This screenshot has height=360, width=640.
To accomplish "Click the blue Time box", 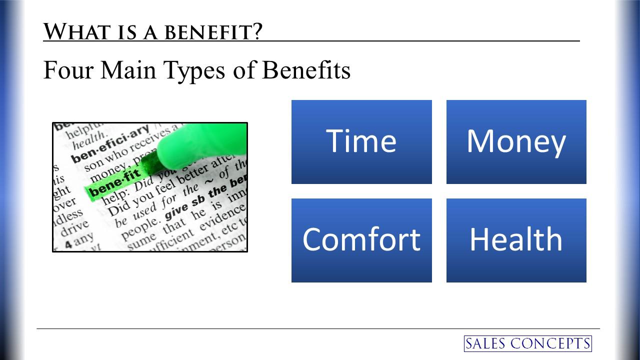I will [x=361, y=141].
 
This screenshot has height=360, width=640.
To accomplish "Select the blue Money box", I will [x=516, y=141].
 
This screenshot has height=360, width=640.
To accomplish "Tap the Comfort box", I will [x=361, y=240].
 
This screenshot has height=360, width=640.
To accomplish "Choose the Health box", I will [x=516, y=240].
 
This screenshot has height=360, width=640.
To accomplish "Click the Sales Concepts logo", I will [x=527, y=343].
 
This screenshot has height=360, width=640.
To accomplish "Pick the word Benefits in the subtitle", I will [x=306, y=70].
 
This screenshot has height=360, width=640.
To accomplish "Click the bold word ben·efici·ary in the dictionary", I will [x=109, y=145].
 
